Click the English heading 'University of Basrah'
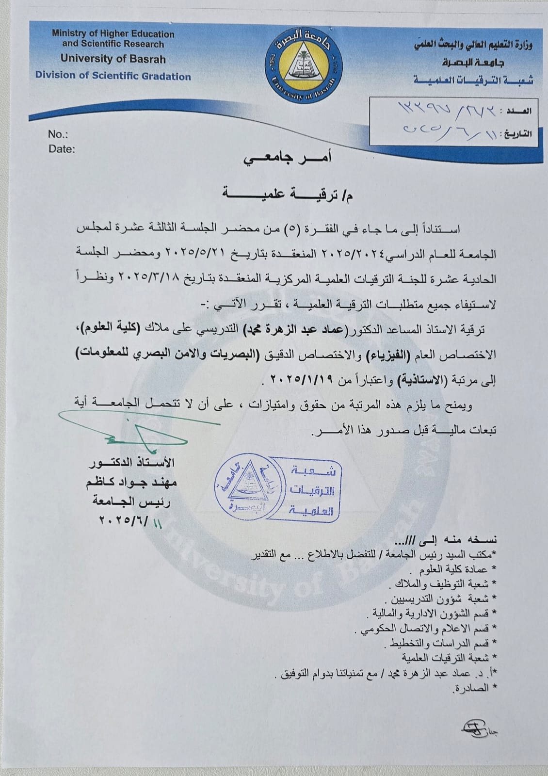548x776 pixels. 113,59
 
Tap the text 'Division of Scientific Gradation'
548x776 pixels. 113,76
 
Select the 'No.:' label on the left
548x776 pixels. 58,134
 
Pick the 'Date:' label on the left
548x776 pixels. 62,149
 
